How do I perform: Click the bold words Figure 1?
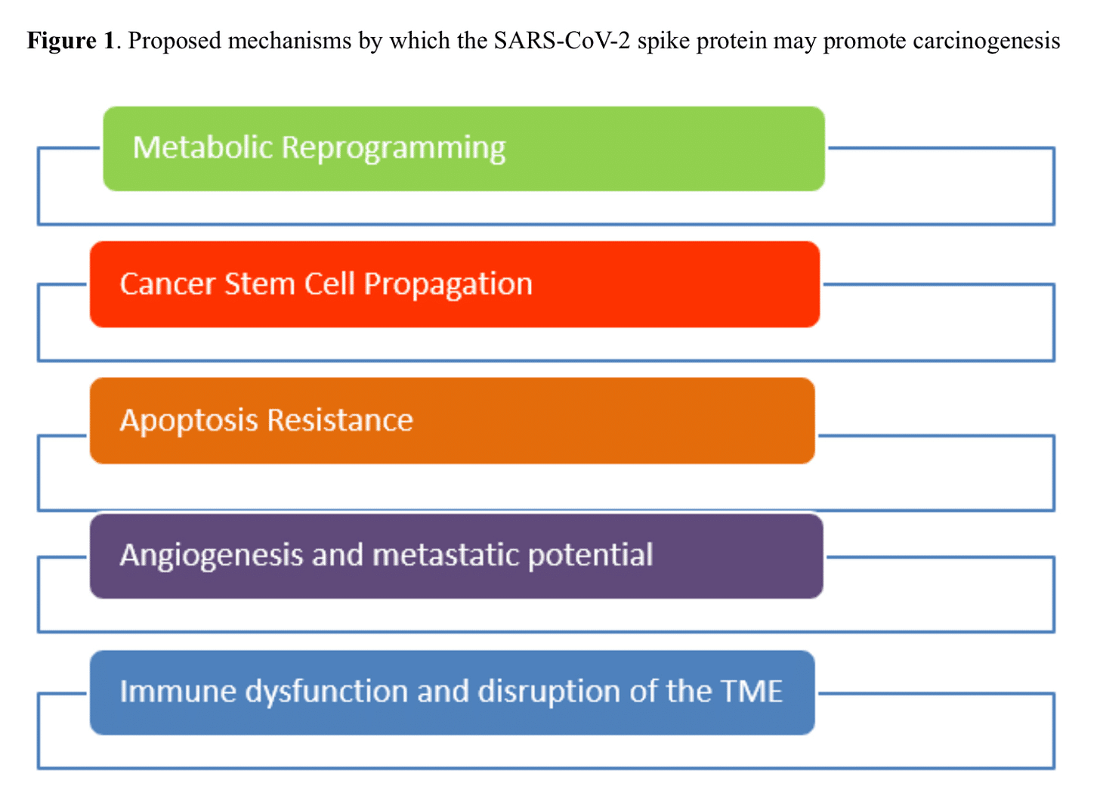[x=70, y=40]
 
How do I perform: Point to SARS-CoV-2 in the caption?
[x=561, y=40]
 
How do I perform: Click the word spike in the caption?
[x=663, y=41]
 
